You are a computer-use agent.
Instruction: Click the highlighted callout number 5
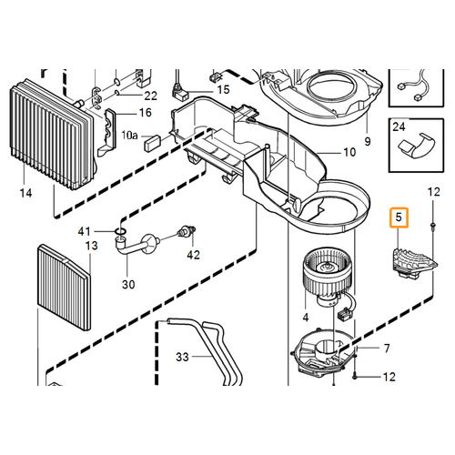pyautogui.click(x=399, y=217)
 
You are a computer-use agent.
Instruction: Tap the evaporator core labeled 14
pyautogui.click(x=53, y=135)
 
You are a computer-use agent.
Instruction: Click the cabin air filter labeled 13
pyautogui.click(x=65, y=288)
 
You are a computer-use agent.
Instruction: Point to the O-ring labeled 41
pyautogui.click(x=121, y=232)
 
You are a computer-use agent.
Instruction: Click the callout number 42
pyautogui.click(x=193, y=255)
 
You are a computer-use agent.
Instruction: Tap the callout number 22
pyautogui.click(x=150, y=96)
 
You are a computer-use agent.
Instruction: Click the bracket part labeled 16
pyautogui.click(x=107, y=132)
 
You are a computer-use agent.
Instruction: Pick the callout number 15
pyautogui.click(x=223, y=90)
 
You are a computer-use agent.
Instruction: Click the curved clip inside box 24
pyautogui.click(x=417, y=146)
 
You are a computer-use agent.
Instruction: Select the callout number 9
pyautogui.click(x=368, y=141)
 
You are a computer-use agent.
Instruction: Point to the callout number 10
pyautogui.click(x=349, y=152)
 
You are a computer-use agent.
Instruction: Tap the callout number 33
pyautogui.click(x=182, y=357)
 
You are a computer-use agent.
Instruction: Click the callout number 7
pyautogui.click(x=387, y=349)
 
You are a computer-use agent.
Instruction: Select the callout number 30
pyautogui.click(x=128, y=285)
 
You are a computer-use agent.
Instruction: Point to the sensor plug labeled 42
pyautogui.click(x=187, y=231)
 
